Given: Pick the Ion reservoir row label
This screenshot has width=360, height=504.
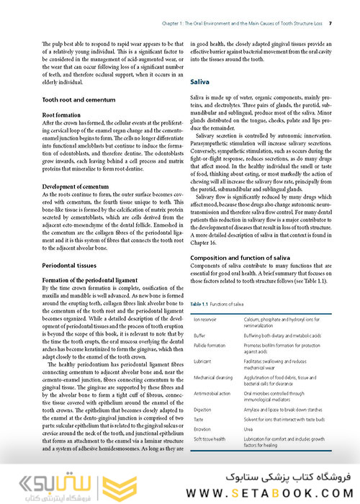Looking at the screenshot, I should coord(206,319).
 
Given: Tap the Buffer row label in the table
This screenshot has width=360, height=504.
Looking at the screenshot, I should coord(199,335).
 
